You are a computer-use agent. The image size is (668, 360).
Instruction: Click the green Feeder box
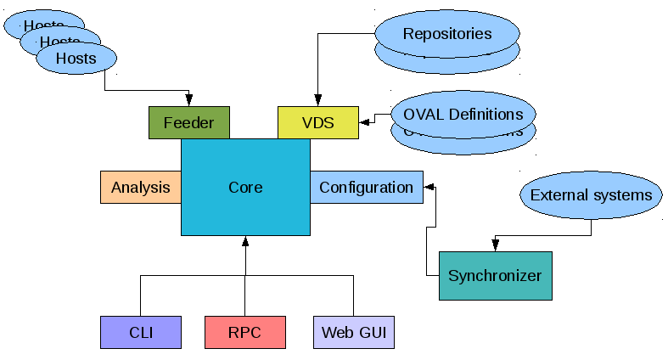(188, 122)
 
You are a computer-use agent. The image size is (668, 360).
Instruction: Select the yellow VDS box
(318, 122)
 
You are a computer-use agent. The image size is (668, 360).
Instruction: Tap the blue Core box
(245, 187)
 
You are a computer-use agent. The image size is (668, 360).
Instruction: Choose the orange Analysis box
(141, 187)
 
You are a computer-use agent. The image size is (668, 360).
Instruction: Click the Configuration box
(366, 187)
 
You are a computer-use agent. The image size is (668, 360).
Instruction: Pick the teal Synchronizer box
(495, 276)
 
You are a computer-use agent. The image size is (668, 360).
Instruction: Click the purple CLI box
(141, 332)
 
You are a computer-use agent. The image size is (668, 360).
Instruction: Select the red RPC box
(244, 332)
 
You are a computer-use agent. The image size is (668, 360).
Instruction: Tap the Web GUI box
(353, 332)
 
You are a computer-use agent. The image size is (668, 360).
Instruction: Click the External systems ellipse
(591, 195)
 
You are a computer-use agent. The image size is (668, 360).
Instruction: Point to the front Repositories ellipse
(446, 34)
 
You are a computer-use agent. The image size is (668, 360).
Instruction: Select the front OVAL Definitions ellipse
(463, 114)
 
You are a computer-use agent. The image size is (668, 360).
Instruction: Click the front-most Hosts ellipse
(76, 59)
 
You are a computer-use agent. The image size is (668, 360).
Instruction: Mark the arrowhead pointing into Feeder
(188, 101)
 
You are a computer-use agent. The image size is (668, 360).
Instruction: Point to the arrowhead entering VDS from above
(317, 101)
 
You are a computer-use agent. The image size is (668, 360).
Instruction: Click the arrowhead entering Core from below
(245, 241)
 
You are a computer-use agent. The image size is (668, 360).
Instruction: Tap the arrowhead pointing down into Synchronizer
(495, 246)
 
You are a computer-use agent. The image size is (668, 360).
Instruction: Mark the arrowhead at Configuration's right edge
(429, 186)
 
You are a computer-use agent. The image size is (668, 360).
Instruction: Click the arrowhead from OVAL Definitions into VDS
(364, 122)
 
